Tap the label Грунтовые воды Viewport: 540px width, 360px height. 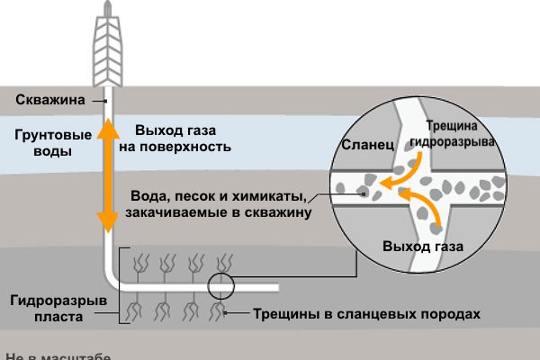click(42, 144)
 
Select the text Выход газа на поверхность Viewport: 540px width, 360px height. click(176, 137)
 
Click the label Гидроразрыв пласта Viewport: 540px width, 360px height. click(51, 308)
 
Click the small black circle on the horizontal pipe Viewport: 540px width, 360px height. click(219, 287)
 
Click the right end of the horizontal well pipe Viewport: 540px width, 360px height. click(275, 288)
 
